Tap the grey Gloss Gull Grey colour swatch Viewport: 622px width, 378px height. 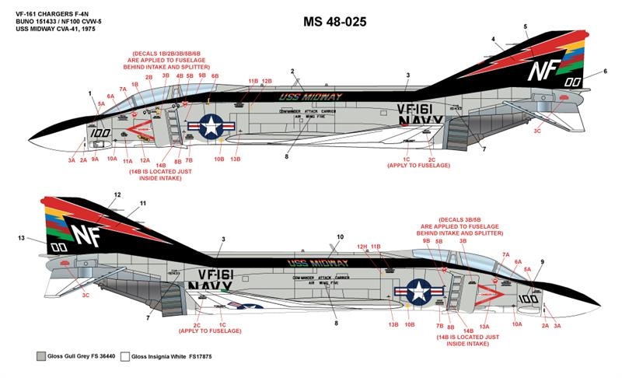(x=41, y=355)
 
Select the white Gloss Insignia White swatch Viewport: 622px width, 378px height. (x=124, y=355)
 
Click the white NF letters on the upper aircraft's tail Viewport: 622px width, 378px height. (x=540, y=71)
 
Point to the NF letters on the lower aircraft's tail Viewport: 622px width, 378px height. (x=86, y=233)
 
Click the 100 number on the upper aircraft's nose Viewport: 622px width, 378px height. (x=100, y=132)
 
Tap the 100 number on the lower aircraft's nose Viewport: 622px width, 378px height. (x=528, y=298)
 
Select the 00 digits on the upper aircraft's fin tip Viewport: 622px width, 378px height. (x=573, y=82)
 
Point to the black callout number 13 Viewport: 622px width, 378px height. (x=22, y=237)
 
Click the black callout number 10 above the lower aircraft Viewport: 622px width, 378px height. (x=339, y=236)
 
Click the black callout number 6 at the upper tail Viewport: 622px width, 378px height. (x=604, y=72)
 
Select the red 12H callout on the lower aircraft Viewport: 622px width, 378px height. (x=362, y=247)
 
